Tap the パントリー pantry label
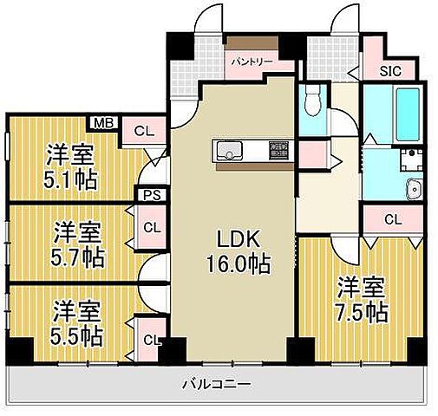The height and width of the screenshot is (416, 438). point(251,62)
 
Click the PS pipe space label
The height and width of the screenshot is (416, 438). point(149,195)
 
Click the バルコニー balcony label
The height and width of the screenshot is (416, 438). point(217,382)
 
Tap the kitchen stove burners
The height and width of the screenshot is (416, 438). point(277,149)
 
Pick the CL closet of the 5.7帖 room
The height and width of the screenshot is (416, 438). point(151,228)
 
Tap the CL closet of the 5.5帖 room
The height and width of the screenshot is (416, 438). point(150,340)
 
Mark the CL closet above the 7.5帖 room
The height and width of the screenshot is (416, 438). point(392,219)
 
